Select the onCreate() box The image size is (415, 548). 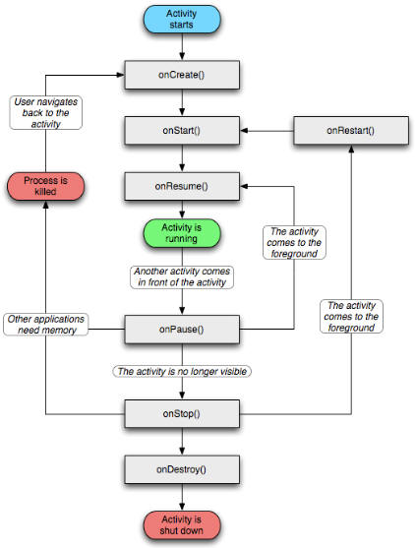tap(182, 75)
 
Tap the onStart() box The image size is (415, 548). tap(182, 131)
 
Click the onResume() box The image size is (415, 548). tap(182, 185)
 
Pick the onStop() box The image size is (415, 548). tap(182, 414)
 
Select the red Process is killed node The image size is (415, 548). tap(46, 185)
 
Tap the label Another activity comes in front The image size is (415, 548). tap(182, 276)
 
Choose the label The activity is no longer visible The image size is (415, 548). tap(182, 372)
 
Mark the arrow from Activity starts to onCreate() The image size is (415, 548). tap(182, 49)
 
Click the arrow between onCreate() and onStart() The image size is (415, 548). tap(182, 102)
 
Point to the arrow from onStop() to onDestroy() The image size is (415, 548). tap(182, 441)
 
